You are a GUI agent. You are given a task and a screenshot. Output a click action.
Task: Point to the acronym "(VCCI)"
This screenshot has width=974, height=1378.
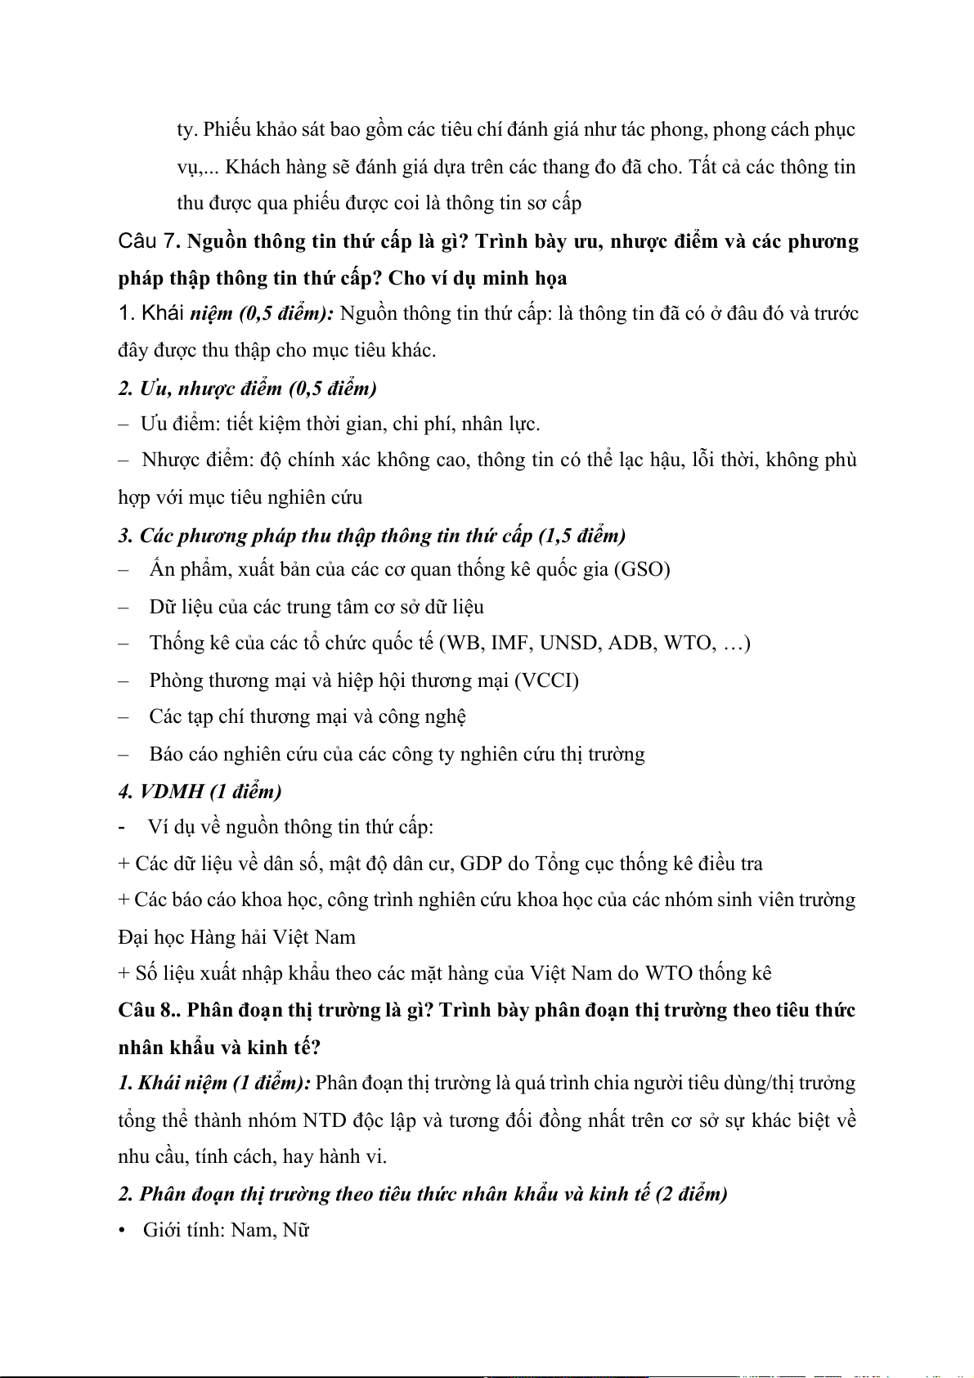547,680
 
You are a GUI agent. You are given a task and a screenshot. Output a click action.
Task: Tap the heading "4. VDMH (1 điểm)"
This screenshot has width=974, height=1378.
200,791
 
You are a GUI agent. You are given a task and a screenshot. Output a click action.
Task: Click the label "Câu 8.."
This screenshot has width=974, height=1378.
149,1010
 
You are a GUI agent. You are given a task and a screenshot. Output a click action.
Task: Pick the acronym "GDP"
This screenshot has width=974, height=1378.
482,864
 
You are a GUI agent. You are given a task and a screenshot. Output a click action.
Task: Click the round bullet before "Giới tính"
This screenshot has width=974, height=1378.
123,1231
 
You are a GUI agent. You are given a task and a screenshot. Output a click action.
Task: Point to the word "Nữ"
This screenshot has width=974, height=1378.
295,1230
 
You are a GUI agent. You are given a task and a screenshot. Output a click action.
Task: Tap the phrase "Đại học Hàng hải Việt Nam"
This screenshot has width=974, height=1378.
237,937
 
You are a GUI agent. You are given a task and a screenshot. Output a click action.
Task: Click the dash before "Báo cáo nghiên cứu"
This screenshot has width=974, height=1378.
123,754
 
